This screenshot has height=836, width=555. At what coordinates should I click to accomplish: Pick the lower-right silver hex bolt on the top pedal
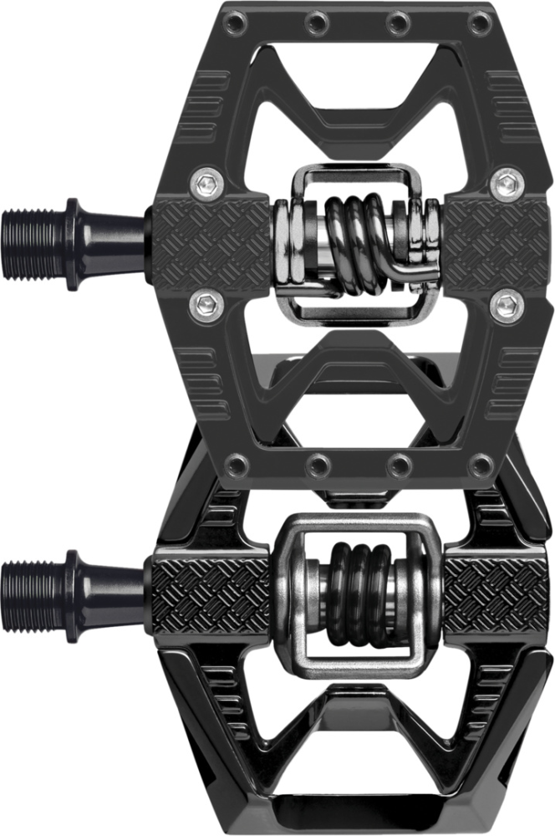[x=505, y=306]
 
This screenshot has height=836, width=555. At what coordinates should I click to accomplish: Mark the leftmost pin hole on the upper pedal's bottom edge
[x=237, y=463]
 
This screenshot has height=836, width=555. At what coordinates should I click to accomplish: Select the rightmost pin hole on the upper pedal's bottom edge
[x=480, y=463]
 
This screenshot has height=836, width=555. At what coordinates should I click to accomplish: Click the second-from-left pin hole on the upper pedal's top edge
[x=318, y=18]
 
